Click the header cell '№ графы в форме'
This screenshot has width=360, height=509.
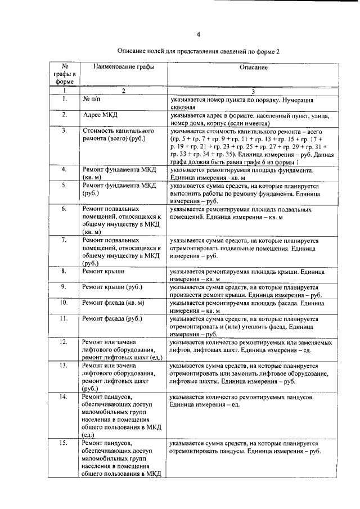[65, 74]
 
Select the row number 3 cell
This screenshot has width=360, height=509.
[65, 130]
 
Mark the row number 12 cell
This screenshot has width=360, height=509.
[65, 341]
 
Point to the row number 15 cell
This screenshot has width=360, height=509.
[65, 444]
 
